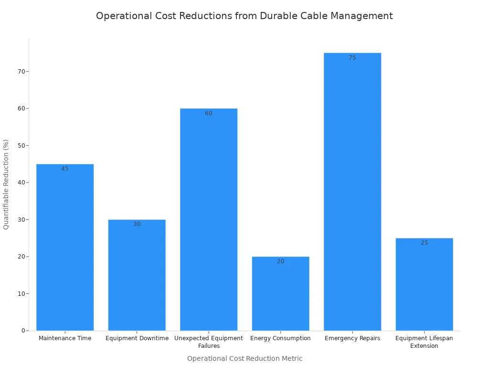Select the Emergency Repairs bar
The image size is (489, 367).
pos(352,192)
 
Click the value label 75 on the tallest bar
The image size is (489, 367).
pos(352,58)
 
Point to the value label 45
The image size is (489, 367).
pos(65,169)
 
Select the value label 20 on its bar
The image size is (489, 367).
pos(280,261)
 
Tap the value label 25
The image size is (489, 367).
pos(424,243)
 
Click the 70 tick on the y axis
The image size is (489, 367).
pos(21,72)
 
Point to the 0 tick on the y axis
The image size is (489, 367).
pos(23,331)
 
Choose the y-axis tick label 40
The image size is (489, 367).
pos(21,183)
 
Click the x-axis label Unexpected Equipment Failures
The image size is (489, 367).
pos(209,342)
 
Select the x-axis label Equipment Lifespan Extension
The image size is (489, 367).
pos(424,342)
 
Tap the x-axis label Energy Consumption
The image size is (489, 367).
pos(280,338)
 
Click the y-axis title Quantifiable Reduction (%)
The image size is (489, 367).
pos(6,184)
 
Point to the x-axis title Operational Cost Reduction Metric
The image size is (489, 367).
pos(244,358)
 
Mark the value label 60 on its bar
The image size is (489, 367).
pos(209,113)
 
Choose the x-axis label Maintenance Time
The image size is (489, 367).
pos(65,338)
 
